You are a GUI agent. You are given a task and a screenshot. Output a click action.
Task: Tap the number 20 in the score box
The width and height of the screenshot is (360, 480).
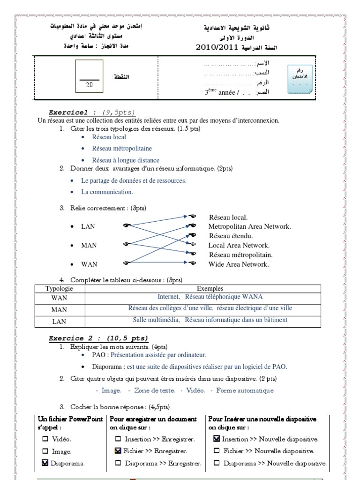pos(89,85)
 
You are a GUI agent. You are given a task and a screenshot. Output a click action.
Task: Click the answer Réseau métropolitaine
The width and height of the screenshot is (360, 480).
pos(122,149)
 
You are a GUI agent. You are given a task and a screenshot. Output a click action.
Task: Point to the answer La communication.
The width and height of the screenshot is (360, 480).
pos(107,192)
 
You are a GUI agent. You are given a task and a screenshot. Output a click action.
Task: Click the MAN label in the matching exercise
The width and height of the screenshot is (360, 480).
pos(89,245)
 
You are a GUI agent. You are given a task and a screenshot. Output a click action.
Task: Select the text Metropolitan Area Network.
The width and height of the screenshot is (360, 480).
pos(249,227)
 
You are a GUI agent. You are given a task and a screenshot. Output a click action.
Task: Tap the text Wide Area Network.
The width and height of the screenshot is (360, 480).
pos(239,264)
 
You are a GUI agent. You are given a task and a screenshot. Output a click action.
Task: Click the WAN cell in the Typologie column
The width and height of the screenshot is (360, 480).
pos(59,297)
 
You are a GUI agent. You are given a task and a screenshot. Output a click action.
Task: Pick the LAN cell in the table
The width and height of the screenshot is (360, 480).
pos(59,321)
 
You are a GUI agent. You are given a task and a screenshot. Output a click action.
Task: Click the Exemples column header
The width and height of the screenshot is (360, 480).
pos(210,288)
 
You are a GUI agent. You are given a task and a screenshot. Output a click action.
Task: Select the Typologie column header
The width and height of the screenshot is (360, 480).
pos(59,288)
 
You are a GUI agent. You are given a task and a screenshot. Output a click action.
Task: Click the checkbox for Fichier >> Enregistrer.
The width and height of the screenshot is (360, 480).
pos(118,451)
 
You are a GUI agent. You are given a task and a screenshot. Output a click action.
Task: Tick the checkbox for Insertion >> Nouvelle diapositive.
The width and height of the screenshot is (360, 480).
pos(216,439)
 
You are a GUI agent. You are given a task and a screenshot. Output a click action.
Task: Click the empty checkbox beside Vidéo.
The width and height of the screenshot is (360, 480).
pos(45,439)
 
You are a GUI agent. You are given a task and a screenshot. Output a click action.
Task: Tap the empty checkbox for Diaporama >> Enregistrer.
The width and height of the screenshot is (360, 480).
pos(118,463)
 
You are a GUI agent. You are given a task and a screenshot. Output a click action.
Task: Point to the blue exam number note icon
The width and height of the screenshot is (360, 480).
pos(297,78)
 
